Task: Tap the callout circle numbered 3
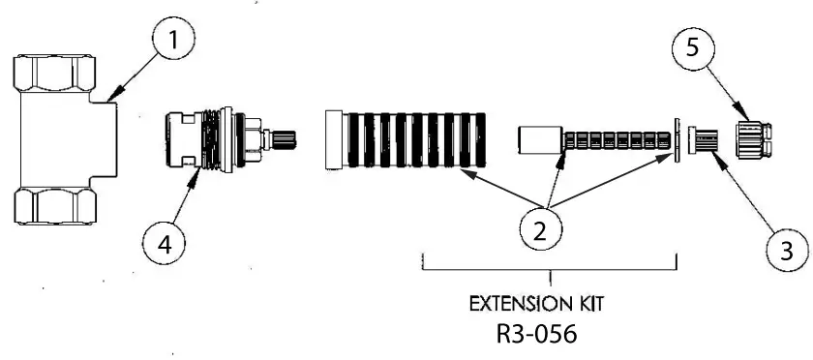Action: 786,251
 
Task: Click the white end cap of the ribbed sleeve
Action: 335,141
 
